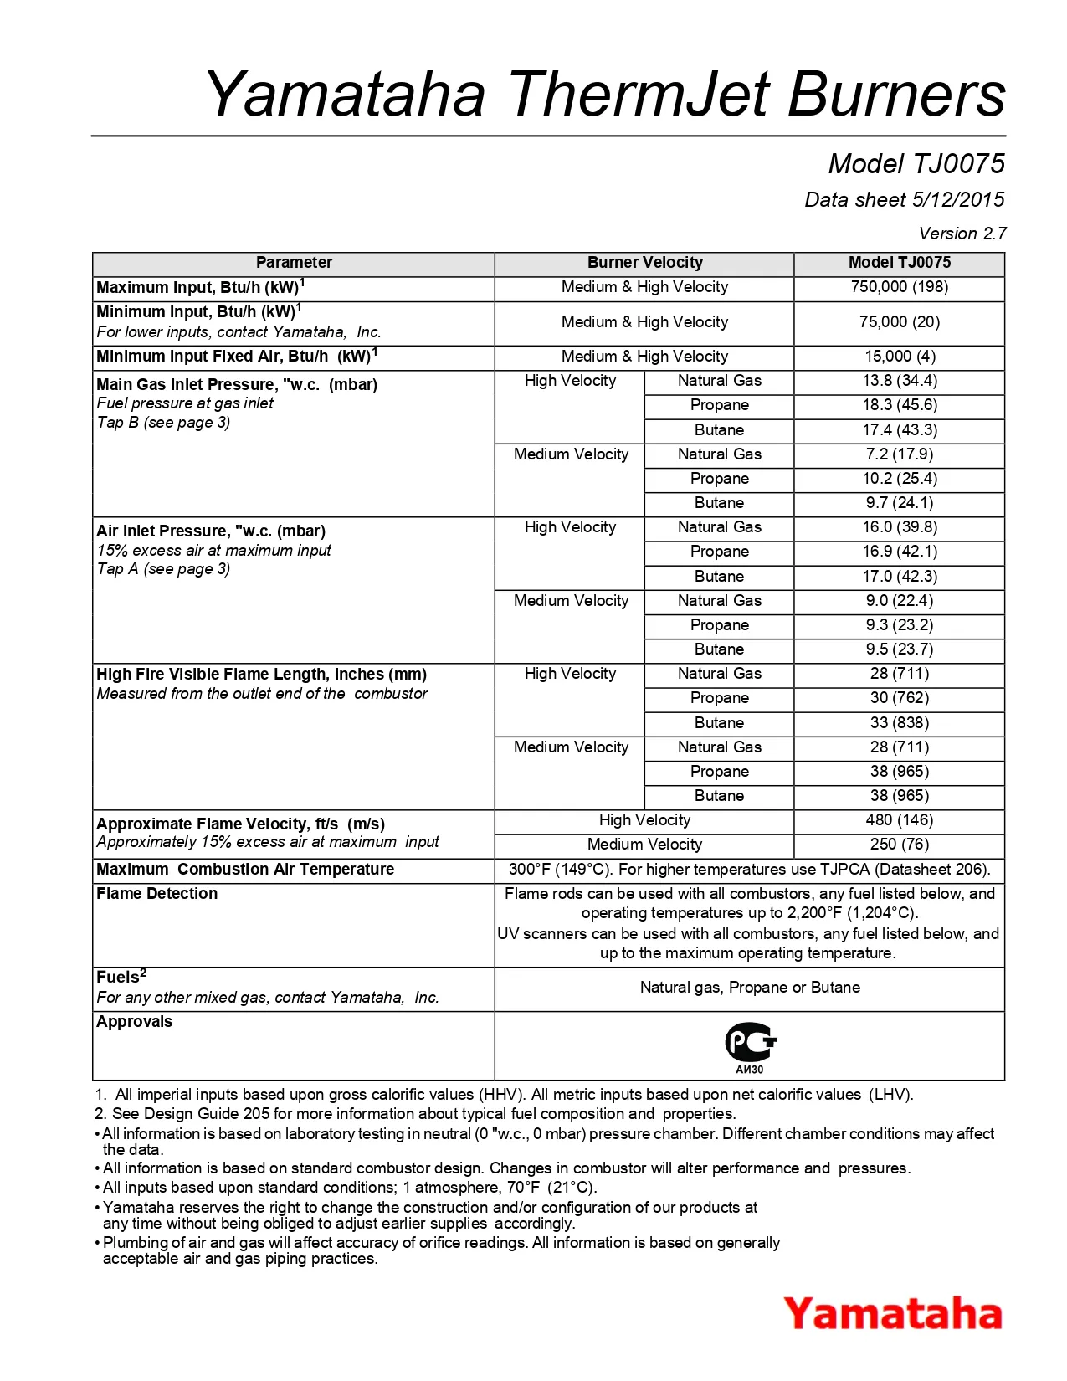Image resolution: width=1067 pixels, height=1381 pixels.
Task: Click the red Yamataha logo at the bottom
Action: (892, 1314)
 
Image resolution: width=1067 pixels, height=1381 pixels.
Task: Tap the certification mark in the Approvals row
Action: (750, 1045)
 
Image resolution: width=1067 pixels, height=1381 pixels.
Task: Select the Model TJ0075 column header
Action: (899, 263)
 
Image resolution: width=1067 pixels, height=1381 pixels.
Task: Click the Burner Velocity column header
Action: (644, 263)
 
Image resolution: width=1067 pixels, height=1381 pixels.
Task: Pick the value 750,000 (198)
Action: (899, 287)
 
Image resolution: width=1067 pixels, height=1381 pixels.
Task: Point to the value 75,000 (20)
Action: (899, 322)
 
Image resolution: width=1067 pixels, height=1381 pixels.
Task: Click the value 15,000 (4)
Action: (899, 357)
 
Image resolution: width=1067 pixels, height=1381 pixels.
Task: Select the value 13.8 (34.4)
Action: (899, 381)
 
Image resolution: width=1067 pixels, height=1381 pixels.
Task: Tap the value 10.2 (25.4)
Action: (899, 479)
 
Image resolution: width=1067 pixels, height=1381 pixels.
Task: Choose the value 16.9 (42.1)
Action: (899, 552)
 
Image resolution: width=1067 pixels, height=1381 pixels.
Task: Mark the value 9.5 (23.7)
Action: (899, 649)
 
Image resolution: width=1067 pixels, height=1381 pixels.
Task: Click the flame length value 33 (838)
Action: (899, 723)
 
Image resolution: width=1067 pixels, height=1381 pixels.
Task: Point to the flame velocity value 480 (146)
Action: (899, 820)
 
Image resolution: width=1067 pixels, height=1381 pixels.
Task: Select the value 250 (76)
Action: (899, 845)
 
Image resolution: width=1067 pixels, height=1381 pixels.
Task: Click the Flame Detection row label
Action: (156, 894)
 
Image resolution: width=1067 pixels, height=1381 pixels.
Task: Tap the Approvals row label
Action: (134, 1022)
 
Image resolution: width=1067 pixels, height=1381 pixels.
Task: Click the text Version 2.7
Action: (962, 234)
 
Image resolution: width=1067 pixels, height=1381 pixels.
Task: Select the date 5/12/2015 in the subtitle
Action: (958, 200)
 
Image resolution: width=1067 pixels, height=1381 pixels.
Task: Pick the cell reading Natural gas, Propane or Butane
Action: (750, 988)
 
